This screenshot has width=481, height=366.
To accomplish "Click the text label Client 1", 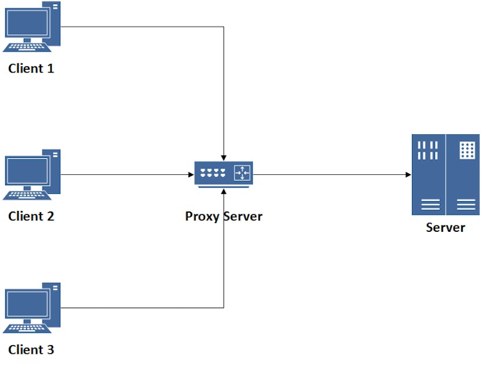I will (31, 69).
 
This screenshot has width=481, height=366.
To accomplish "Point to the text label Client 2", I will (31, 217).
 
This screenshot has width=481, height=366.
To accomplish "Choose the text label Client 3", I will (31, 350).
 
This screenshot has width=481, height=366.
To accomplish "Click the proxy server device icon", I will (224, 174).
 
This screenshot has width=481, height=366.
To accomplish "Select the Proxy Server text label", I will (224, 217).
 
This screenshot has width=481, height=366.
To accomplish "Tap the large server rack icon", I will (446, 174).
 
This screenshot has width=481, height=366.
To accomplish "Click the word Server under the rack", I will (446, 227).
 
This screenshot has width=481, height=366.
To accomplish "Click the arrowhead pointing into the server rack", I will (408, 174).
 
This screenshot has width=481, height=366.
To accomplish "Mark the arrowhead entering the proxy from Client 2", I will (191, 174).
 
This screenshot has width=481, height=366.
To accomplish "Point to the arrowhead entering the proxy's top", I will (224, 157).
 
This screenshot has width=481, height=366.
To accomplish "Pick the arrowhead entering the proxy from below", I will (224, 190).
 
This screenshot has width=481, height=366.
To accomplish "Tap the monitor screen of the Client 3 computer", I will (27, 303).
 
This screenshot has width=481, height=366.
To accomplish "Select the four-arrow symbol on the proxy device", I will (242, 173).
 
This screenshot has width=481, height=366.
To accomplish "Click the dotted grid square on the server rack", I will (467, 150).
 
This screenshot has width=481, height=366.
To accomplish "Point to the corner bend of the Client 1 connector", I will (224, 27).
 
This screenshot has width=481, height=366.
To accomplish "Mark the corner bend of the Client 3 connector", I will (224, 308).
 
